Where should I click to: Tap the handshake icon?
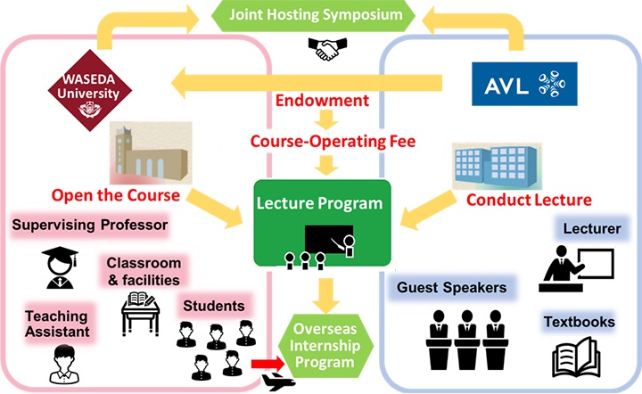pyautogui.click(x=327, y=49)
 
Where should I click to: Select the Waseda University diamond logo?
pyautogui.click(x=90, y=90)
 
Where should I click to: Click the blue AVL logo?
pyautogui.click(x=524, y=84)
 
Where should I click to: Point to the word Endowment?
pyautogui.click(x=322, y=101)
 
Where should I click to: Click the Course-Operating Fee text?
pyautogui.click(x=333, y=142)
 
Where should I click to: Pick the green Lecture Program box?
pyautogui.click(x=322, y=224)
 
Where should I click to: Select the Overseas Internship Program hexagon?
pyautogui.click(x=325, y=346)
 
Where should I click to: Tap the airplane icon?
pyautogui.click(x=278, y=382)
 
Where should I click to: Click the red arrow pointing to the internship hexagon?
pyautogui.click(x=267, y=364)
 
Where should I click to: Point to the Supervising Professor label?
pyautogui.click(x=90, y=225)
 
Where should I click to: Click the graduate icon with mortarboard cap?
pyautogui.click(x=60, y=267)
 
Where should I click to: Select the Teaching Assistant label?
pyautogui.click(x=57, y=324)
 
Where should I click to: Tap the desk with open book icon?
pyautogui.click(x=140, y=314)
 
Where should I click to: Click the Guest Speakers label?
pyautogui.click(x=451, y=288)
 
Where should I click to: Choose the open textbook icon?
pyautogui.click(x=576, y=357)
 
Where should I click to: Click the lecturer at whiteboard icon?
pyautogui.click(x=576, y=268)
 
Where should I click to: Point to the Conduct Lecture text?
pyautogui.click(x=529, y=200)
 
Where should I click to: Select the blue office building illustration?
pyautogui.click(x=497, y=166)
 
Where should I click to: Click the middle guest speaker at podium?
pyautogui.click(x=466, y=340)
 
